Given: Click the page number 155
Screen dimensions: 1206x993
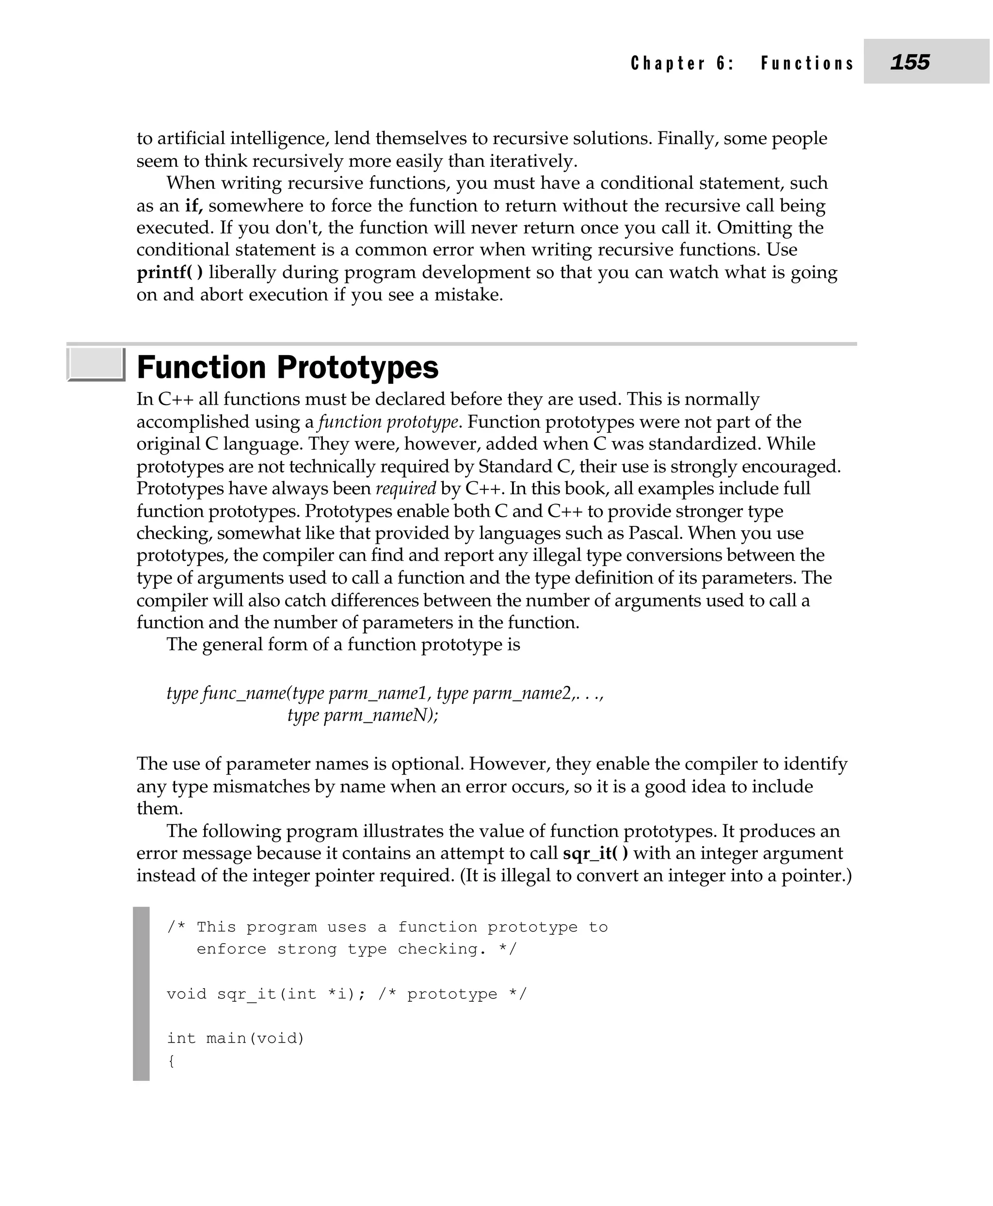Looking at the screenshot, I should tap(910, 62).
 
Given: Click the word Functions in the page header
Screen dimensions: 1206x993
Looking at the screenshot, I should tap(807, 63).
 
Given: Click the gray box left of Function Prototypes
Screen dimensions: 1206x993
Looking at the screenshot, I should tap(96, 364).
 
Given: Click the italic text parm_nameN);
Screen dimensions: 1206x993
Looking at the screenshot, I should tap(381, 716).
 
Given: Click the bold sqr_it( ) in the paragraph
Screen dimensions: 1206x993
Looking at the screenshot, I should tap(595, 853).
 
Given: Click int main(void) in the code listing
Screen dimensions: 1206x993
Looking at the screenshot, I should tap(236, 1038).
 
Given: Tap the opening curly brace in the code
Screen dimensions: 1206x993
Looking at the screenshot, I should tap(171, 1060).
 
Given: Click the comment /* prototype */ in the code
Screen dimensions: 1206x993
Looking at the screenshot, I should tap(452, 994).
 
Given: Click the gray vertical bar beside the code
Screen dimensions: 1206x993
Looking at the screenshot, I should tap(141, 994).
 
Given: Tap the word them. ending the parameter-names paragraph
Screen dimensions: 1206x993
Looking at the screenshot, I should tap(160, 809).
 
